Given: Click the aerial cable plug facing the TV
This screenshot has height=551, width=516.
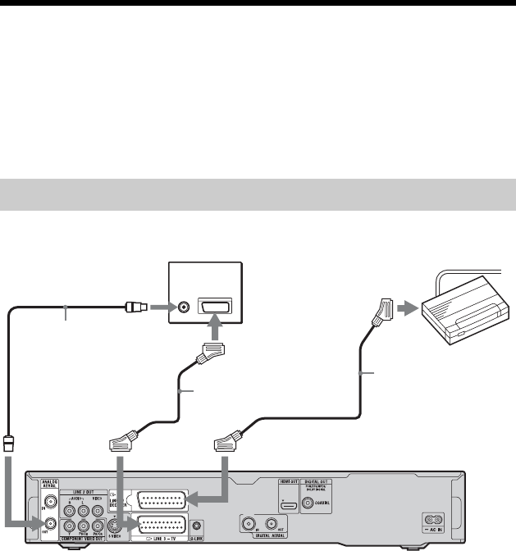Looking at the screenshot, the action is (x=132, y=309).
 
